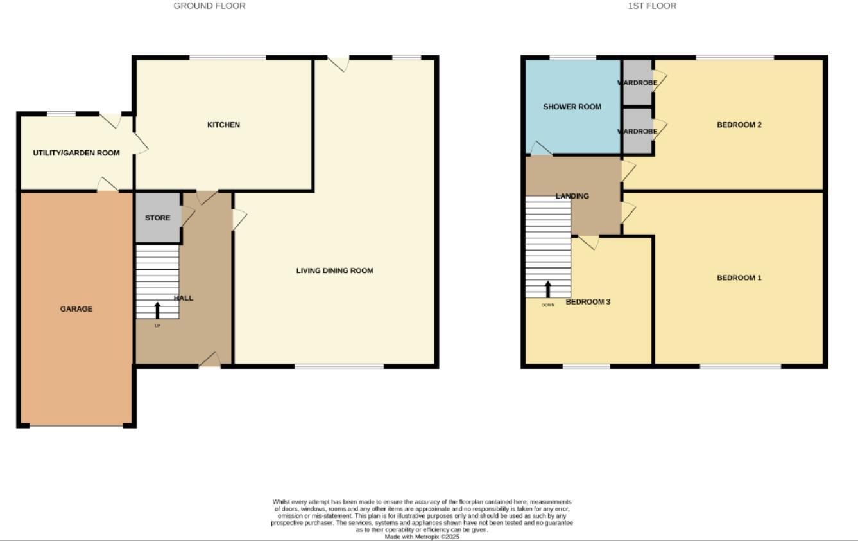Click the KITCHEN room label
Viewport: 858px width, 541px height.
click(223, 125)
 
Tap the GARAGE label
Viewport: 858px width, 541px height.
click(76, 309)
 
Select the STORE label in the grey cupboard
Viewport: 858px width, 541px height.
click(157, 218)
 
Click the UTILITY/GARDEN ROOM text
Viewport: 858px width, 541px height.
click(76, 153)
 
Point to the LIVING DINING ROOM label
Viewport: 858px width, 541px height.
click(334, 270)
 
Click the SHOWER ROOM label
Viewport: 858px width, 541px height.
click(572, 107)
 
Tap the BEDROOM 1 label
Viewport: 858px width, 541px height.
click(739, 278)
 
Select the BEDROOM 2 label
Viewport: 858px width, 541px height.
click(739, 125)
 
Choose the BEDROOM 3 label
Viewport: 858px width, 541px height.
click(588, 301)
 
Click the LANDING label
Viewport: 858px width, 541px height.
click(572, 196)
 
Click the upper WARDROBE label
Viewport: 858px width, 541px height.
click(637, 83)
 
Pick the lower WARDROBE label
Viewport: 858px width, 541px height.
click(637, 132)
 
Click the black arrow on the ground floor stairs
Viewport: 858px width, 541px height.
click(157, 310)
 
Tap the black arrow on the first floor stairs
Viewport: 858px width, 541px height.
click(548, 289)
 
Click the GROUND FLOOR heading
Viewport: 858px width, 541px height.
click(209, 6)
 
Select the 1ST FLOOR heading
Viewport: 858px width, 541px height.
click(652, 6)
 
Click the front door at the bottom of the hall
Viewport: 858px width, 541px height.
click(209, 360)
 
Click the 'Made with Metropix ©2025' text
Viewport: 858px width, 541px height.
click(422, 537)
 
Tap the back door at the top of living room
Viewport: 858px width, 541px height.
click(338, 63)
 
